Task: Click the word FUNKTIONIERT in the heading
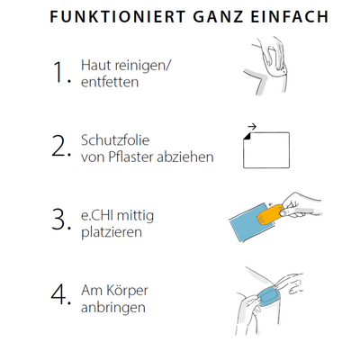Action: tap(118, 17)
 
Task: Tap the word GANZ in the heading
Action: tap(218, 17)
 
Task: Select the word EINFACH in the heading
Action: tap(290, 17)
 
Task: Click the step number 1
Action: tap(61, 72)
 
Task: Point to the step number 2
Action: tap(61, 147)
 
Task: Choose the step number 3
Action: tap(61, 220)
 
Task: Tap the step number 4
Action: tap(61, 294)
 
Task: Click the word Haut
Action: tap(94, 66)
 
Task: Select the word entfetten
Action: tap(110, 82)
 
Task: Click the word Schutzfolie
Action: tap(115, 140)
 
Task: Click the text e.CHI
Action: tap(95, 215)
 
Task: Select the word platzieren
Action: tap(112, 233)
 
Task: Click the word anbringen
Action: tap(113, 308)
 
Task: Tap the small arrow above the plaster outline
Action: tap(252, 127)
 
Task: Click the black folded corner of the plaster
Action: tap(247, 136)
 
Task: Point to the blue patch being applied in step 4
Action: tap(268, 296)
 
